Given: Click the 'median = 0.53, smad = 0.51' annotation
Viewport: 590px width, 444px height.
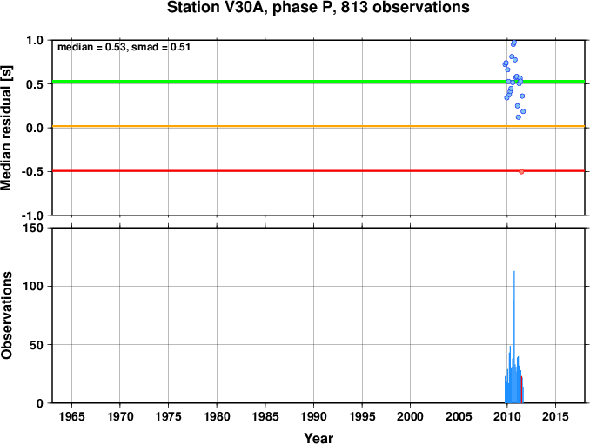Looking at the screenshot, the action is (x=124, y=47).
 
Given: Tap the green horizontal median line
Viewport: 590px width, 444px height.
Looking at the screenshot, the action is (x=318, y=81).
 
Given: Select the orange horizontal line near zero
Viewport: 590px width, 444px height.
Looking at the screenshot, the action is (x=318, y=126).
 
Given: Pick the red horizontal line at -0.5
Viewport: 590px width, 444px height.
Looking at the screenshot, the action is (x=318, y=171).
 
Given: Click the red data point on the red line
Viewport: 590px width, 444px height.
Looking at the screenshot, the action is (x=521, y=172).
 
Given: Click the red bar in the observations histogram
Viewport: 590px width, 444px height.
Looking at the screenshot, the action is (x=521, y=389).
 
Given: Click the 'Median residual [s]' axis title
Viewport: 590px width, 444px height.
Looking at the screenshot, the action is (x=6, y=128).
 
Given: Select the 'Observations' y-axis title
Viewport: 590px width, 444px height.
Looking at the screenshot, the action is (x=6, y=315).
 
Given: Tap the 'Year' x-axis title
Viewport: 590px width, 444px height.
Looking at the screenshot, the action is (x=318, y=438).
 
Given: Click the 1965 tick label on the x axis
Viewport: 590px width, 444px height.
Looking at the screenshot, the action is (x=71, y=416).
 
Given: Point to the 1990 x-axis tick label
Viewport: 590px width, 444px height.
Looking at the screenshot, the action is (x=313, y=416).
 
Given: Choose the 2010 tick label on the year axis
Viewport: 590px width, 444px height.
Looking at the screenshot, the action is (x=506, y=416).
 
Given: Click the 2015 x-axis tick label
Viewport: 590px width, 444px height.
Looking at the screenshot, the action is (x=555, y=416).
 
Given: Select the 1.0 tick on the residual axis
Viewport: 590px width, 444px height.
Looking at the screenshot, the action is (x=35, y=40).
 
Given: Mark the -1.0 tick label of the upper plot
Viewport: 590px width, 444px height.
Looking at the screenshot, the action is (x=32, y=215).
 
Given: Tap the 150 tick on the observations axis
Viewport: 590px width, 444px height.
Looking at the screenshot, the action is (x=33, y=228).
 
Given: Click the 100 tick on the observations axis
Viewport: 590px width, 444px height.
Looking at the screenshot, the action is (x=33, y=286).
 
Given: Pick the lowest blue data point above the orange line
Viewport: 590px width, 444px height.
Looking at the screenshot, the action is (x=518, y=117).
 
